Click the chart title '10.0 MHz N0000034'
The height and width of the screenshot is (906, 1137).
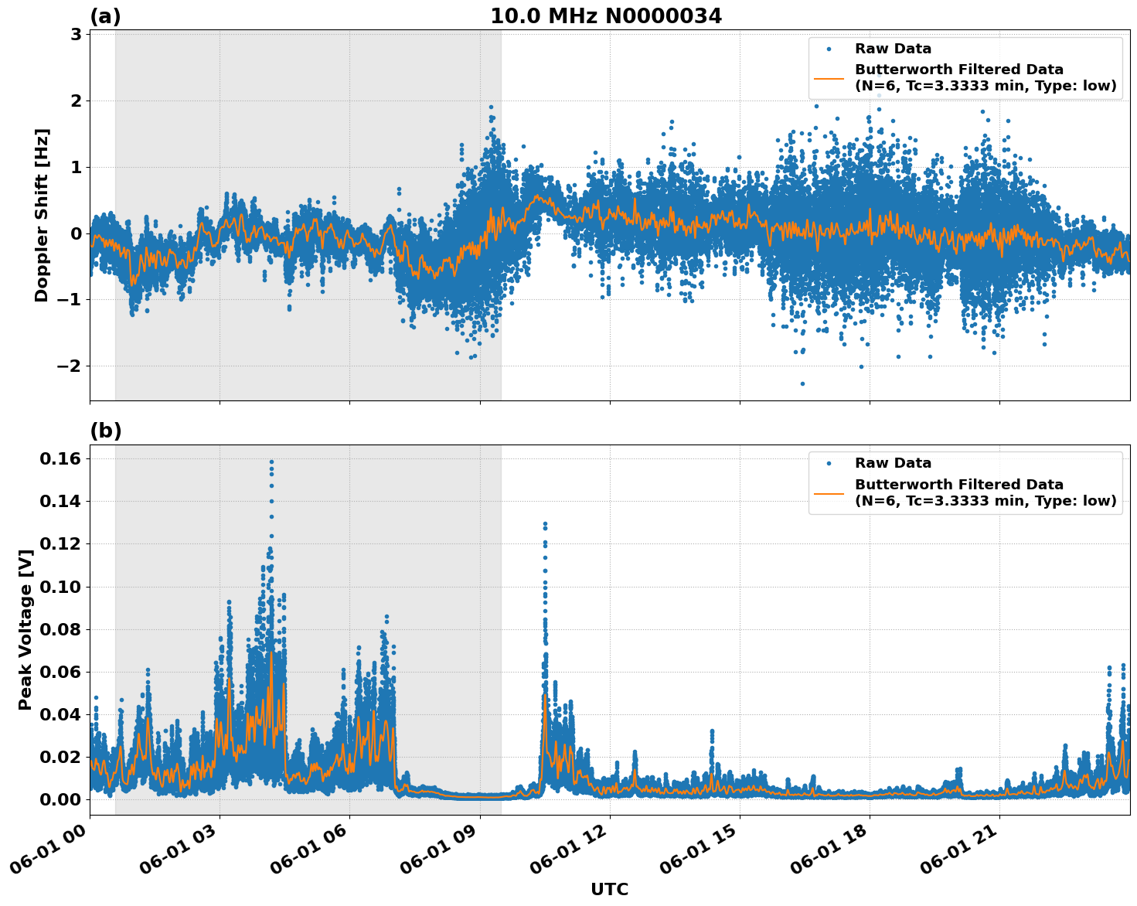[x=606, y=16]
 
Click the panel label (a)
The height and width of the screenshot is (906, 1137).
[x=105, y=16]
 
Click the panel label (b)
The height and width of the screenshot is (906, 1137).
[x=105, y=431]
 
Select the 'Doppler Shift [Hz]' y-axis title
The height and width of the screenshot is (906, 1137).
[x=42, y=215]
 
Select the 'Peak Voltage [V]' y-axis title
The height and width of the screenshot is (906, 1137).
[x=26, y=629]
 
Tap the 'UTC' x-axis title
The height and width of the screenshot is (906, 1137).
[x=609, y=889]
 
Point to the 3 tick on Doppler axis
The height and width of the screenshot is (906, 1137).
[x=76, y=35]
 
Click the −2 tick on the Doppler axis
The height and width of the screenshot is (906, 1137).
[x=70, y=366]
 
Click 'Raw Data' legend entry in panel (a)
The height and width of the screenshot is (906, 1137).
[x=893, y=49]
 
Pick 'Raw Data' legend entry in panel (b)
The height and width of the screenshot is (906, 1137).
[x=893, y=463]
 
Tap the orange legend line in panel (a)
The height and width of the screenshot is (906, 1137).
[x=829, y=77]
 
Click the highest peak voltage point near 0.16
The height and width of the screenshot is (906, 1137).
[x=271, y=462]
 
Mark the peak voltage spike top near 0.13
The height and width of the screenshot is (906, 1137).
[x=545, y=524]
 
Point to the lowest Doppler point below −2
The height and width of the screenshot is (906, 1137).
[x=802, y=383]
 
